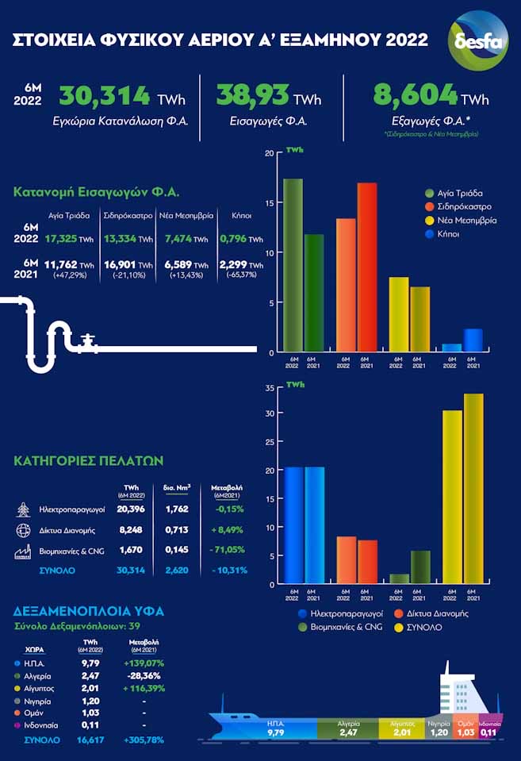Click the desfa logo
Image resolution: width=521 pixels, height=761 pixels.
tap(478, 40)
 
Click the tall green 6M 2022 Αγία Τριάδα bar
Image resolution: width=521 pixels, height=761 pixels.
tap(293, 265)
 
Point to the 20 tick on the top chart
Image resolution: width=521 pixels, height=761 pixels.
tap(269, 153)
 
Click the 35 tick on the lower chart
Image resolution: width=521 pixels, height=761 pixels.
tap(269, 388)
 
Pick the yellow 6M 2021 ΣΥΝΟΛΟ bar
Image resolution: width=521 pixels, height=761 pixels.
tap(473, 489)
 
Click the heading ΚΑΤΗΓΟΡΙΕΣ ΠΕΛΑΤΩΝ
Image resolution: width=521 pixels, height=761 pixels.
tap(89, 460)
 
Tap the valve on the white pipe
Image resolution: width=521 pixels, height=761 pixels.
tap(88, 339)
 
